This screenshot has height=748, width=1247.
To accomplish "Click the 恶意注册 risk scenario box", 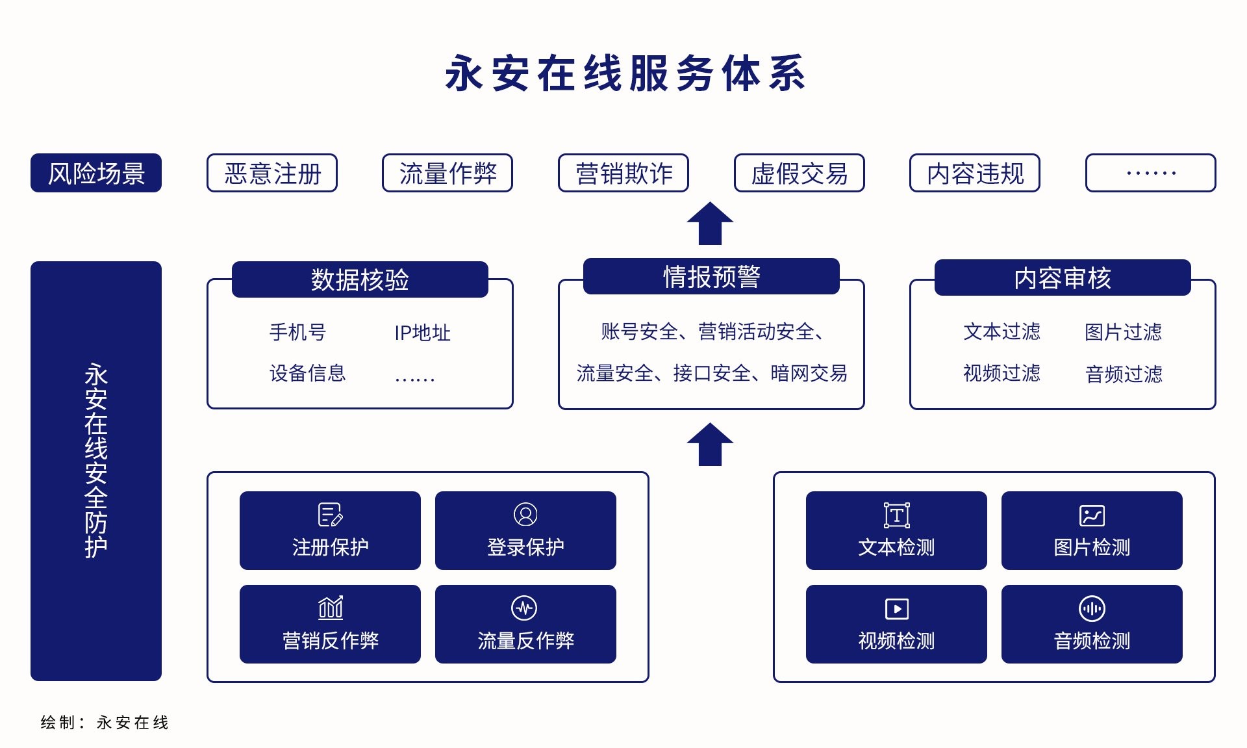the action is (272, 173).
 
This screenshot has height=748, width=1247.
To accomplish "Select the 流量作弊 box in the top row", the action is (447, 173).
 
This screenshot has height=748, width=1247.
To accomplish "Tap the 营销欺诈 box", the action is (623, 173).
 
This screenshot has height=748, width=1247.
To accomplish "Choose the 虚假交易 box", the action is (800, 173).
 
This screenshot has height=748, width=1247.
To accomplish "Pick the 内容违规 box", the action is (975, 173).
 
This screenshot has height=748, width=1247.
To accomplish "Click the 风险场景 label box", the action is (96, 173).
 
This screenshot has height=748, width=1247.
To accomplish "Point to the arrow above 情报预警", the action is (711, 224).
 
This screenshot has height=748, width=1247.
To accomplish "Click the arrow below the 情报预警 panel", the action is (711, 445).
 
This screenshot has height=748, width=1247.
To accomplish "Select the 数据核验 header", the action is (360, 279).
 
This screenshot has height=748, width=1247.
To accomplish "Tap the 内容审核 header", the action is (1063, 278).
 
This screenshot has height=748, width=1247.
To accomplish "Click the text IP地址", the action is (422, 333).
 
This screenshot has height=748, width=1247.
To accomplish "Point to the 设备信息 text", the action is (307, 373).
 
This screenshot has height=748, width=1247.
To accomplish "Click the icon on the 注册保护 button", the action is (331, 515).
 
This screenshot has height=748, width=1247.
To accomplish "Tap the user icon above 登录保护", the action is (525, 514).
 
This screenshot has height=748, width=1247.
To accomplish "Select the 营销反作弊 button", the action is (330, 624).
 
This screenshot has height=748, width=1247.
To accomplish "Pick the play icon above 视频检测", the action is (897, 609).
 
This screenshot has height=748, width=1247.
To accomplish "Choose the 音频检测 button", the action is (1092, 624).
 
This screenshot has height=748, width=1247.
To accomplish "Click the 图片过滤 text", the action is (1123, 332).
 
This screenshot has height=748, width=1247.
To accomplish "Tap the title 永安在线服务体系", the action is (625, 73).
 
